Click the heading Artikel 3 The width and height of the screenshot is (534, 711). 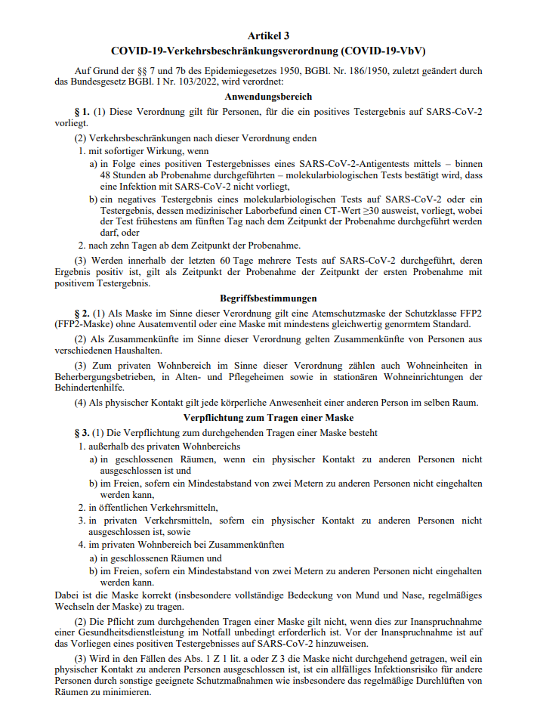point(268,36)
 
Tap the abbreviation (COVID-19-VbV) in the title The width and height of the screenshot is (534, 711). point(384,51)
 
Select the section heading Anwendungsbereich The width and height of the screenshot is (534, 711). point(268,97)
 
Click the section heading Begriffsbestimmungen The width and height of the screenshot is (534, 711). point(268,299)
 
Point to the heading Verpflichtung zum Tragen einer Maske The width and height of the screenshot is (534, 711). point(268,418)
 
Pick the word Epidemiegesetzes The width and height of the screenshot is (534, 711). point(228,71)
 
